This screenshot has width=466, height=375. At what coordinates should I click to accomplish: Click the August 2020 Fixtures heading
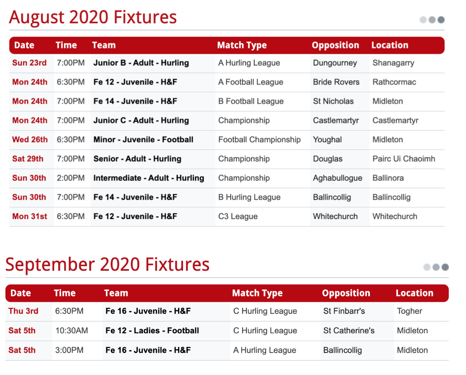coord(93,17)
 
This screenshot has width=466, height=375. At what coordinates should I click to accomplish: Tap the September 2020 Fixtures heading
coord(108,264)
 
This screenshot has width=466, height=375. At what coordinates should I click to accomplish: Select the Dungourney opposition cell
coord(335,63)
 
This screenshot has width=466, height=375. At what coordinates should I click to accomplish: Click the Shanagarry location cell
coord(393,63)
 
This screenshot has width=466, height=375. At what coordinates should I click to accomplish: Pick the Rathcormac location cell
coord(394,82)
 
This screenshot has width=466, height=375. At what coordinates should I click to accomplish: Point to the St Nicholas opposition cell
coord(333,101)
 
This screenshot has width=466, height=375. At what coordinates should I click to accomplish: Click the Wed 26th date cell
coord(30,139)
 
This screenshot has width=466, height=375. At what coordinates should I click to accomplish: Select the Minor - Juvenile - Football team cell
coord(143,139)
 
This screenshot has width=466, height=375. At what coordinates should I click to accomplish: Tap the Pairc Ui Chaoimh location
coord(404,159)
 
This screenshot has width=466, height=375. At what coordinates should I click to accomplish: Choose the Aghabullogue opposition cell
coord(338,178)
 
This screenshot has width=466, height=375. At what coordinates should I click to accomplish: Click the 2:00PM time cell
coord(71,178)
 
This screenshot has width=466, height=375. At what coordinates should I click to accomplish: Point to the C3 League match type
coord(238,217)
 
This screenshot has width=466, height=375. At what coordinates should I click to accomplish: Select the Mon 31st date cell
coord(30,216)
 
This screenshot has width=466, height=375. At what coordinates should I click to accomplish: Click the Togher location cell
coord(410,311)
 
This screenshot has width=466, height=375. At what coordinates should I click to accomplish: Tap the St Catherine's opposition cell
coord(349,331)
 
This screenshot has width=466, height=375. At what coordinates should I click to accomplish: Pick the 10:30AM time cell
coord(71,331)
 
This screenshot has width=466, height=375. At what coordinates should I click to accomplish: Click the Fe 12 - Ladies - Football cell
coord(152,331)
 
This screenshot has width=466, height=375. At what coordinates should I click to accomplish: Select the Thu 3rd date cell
coord(23,311)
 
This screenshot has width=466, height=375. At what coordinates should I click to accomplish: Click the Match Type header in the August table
coord(242,45)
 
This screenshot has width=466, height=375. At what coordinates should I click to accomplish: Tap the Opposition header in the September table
coord(346,293)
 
